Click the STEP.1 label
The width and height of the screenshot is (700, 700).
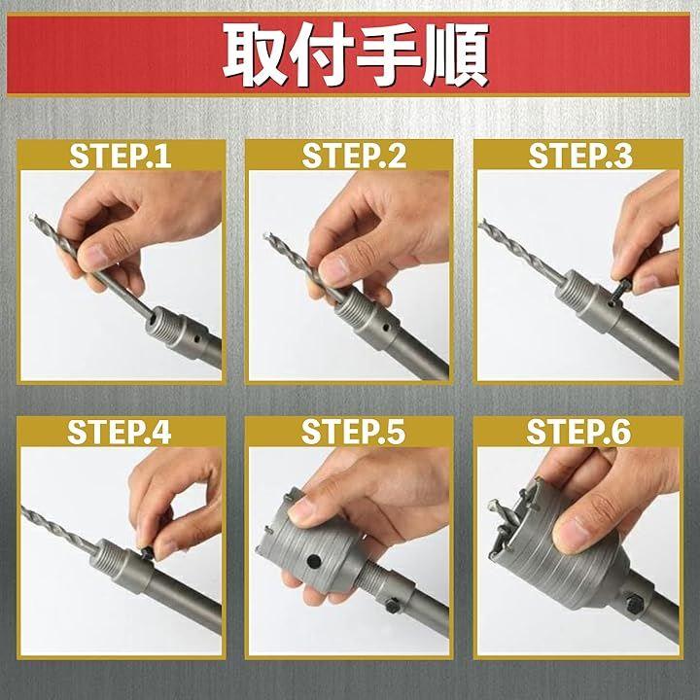[x=121, y=155]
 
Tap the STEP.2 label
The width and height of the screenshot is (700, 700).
[x=354, y=155]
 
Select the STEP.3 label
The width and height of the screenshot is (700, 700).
[x=580, y=155]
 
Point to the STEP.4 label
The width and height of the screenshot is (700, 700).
[x=120, y=432]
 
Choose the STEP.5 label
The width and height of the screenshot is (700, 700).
[x=353, y=432]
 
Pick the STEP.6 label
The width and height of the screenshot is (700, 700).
[x=579, y=432]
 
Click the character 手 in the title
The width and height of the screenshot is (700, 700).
[x=389, y=54]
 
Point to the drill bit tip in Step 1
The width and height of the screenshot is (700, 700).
[x=32, y=219]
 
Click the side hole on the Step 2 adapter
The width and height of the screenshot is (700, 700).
[x=384, y=329]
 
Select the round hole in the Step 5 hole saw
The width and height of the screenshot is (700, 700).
[x=314, y=561]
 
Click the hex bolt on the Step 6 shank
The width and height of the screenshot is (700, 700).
[x=634, y=602]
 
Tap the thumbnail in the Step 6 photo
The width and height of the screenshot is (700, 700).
[x=570, y=535]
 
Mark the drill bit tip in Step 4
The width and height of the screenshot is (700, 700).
[x=23, y=508]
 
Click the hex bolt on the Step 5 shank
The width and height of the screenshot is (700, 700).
[x=394, y=605]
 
